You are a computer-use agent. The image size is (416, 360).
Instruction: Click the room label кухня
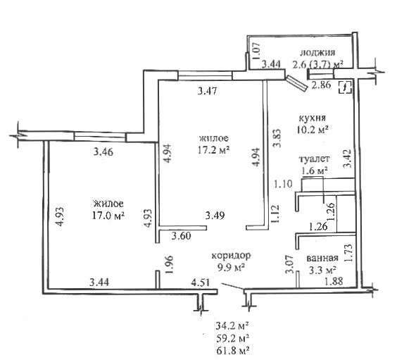[312, 118]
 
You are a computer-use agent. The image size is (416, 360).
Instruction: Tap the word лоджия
[317, 53]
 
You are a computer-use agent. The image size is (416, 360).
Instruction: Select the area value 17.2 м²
[213, 150]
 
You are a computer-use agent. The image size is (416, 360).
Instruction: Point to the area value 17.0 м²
[108, 215]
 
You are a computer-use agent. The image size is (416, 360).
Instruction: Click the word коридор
[231, 256]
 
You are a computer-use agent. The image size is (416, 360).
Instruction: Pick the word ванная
[322, 258]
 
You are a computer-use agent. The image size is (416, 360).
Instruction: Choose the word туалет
[315, 159]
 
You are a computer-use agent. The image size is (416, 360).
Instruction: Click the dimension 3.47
[208, 91]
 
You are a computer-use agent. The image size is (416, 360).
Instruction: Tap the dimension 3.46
[103, 152]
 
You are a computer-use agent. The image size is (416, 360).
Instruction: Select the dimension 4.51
[201, 283]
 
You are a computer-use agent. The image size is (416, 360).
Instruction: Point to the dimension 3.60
[181, 236]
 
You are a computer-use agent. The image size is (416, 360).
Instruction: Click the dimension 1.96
[169, 265]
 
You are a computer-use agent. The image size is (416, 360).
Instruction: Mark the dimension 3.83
[277, 138]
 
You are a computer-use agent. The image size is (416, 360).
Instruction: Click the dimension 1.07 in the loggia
[256, 51]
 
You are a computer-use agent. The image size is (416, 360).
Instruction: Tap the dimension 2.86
[321, 85]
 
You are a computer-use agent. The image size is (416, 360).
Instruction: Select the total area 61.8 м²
[233, 350]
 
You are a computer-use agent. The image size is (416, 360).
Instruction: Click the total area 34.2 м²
[233, 325]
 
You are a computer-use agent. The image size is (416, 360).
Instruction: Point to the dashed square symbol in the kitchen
[345, 87]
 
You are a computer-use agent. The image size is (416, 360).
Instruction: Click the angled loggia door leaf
[297, 83]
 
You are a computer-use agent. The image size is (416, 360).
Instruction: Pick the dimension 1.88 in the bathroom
[334, 281]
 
